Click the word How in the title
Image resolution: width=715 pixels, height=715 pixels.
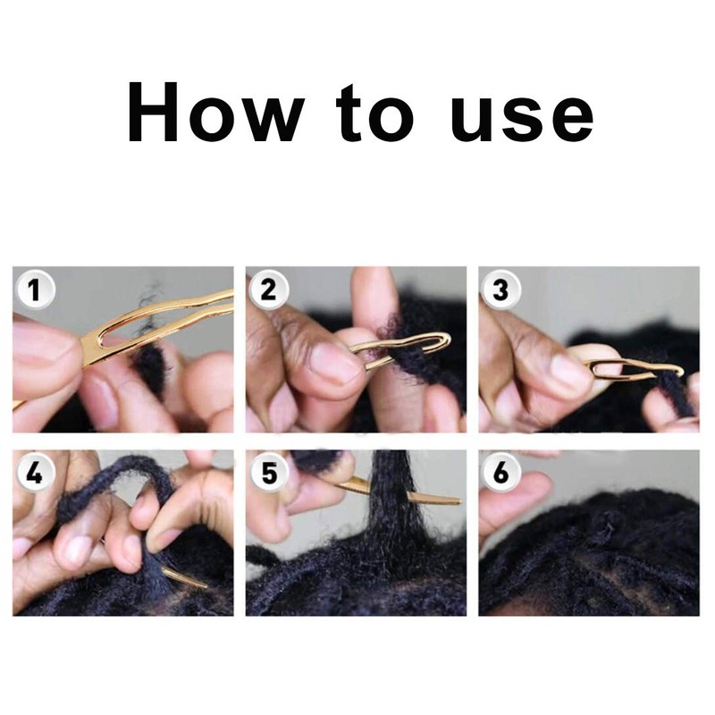(x=215, y=113)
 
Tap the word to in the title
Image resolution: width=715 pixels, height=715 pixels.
(x=374, y=113)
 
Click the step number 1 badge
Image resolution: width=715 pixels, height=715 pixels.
(x=35, y=290)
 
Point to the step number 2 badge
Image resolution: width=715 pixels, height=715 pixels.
(x=269, y=290)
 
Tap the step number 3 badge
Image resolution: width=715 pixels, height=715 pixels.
(x=500, y=290)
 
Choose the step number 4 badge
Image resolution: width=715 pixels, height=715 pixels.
(x=35, y=473)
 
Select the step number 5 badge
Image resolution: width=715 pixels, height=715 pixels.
(x=269, y=473)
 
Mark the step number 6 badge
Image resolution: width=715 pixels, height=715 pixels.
(x=500, y=473)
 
